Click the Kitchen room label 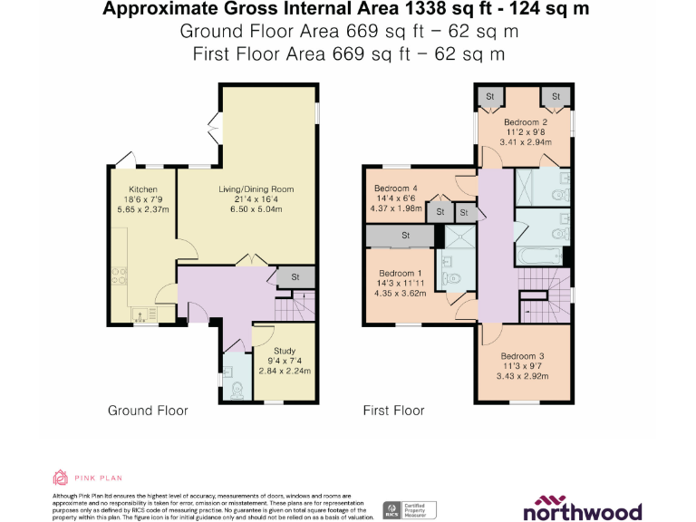coord(143,189)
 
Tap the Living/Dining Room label coord(256,189)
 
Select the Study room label coord(285,351)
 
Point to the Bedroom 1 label coord(401,273)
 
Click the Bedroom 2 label coord(526,122)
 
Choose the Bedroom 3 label coord(524,356)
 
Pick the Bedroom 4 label coord(396,188)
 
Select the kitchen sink coord(141,314)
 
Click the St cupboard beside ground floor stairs coord(295,277)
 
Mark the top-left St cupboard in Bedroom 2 coord(490,96)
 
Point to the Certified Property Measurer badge coord(411,509)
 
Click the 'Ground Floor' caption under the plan coord(148,411)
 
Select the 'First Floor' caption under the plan coord(393,411)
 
